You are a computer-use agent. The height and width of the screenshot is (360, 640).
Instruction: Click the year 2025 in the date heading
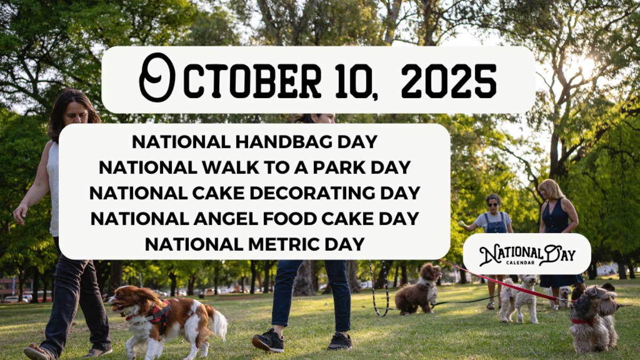pyautogui.click(x=449, y=82)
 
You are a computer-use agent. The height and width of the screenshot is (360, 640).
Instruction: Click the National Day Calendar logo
pyautogui.click(x=526, y=254)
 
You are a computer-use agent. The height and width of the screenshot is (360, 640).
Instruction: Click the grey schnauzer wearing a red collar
pyautogui.click(x=593, y=317)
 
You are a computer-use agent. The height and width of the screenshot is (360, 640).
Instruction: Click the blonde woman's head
pyautogui.click(x=549, y=189)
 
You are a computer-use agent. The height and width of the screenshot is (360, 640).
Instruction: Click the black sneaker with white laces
pyautogui.click(x=268, y=340)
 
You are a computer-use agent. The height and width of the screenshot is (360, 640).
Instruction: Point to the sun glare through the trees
pyautogui.click(x=586, y=67)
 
